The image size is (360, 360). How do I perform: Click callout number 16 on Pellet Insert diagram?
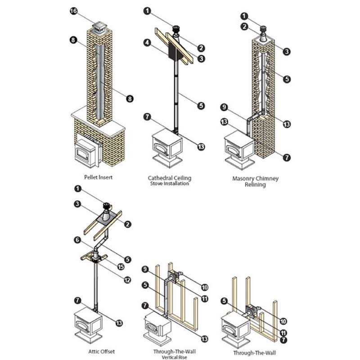73,11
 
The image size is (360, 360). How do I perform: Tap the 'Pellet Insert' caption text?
98,177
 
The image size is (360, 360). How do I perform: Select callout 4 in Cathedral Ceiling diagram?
147,44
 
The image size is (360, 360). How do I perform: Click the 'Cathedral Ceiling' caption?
170,178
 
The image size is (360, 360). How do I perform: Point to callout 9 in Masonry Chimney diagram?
224,108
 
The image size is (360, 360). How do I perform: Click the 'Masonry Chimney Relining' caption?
256,181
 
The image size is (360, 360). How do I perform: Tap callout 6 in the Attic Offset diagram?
78,241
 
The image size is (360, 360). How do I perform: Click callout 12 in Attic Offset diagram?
127,279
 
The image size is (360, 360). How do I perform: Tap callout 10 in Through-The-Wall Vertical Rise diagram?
205,287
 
